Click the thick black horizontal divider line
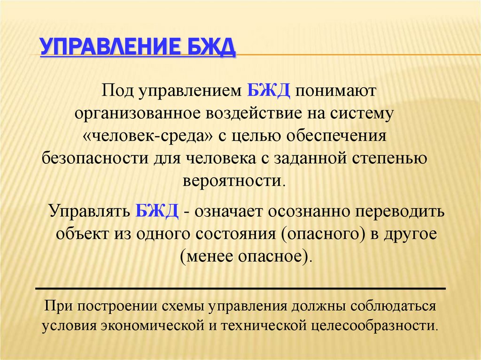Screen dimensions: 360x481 point(240,288)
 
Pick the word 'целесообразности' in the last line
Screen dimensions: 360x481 point(373,325)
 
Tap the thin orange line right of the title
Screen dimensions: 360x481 point(357,55)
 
